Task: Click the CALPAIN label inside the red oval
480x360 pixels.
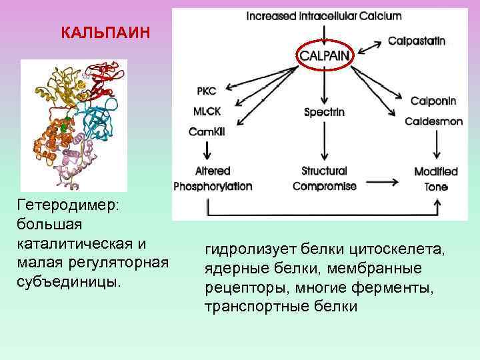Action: [x=324, y=55]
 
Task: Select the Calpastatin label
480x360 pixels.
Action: [x=417, y=41]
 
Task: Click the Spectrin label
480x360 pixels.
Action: [x=324, y=112]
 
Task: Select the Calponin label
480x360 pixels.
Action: [x=433, y=101]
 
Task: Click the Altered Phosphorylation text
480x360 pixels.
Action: [x=213, y=179]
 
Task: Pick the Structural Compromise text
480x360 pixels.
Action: [x=325, y=179]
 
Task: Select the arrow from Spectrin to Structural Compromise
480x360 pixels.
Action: [x=325, y=141]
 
